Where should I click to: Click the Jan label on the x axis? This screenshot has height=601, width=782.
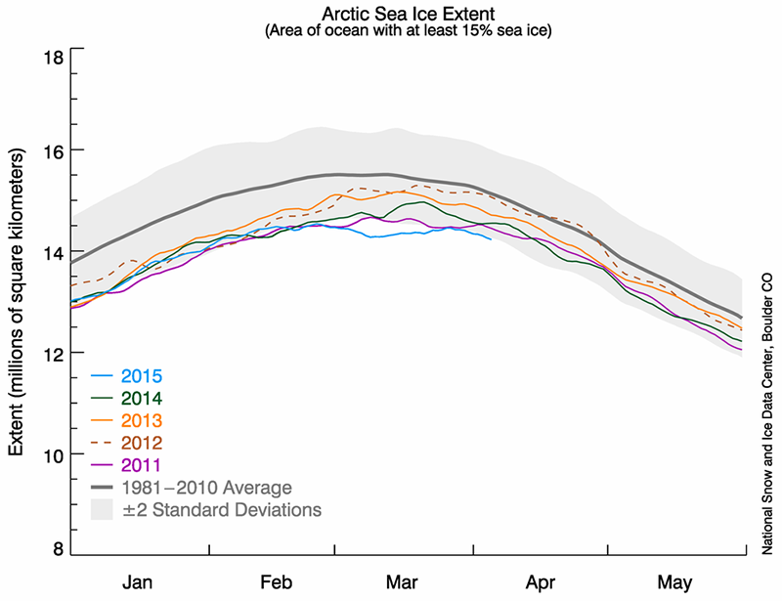tap(143, 582)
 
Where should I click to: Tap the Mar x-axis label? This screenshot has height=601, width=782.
tap(404, 582)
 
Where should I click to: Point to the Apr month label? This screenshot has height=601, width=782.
tap(541, 582)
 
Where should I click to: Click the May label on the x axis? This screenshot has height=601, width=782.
tap(674, 582)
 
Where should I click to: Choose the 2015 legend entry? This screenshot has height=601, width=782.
tap(142, 376)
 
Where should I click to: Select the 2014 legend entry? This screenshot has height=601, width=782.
tap(142, 398)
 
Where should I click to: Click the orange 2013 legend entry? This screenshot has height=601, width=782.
tap(142, 420)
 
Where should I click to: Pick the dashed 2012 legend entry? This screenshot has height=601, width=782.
tap(142, 443)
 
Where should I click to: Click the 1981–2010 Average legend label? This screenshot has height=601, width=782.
tap(207, 487)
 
